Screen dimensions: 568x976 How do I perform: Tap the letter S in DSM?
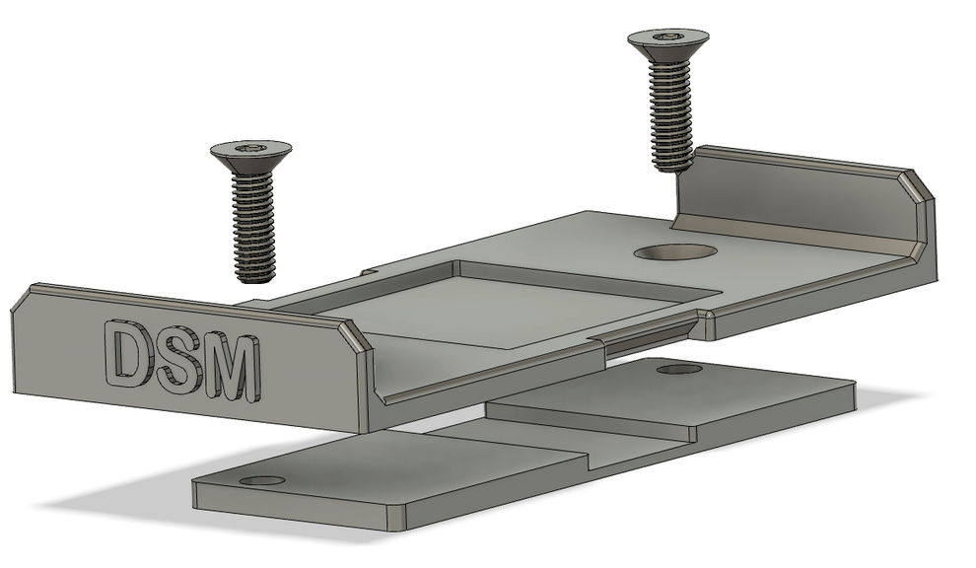(x=179, y=361)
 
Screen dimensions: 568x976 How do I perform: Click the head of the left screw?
(x=250, y=153)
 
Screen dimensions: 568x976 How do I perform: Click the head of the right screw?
(x=667, y=42)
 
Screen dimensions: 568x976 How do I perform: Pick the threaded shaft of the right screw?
(x=671, y=108)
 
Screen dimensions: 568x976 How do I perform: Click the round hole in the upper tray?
(x=675, y=251)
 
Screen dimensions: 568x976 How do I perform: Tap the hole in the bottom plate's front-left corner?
(x=262, y=480)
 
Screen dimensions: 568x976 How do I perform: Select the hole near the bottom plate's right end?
(x=679, y=370)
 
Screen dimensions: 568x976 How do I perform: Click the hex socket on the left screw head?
(x=250, y=148)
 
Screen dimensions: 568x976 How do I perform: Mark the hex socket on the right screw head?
(x=667, y=37)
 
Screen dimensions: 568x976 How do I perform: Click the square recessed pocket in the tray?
(x=513, y=306)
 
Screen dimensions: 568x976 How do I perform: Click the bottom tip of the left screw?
(x=254, y=278)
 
